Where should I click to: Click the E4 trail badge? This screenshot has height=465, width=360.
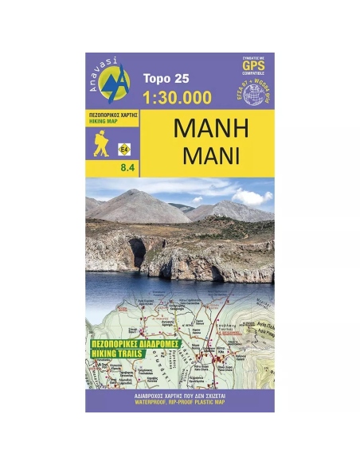point(125,148)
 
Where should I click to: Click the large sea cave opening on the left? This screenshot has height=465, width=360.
point(138,252)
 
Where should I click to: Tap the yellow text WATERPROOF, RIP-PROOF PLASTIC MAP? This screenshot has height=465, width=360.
point(179,403)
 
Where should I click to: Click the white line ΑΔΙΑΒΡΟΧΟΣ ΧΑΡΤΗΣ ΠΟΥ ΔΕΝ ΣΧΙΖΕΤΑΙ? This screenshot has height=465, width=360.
point(179,396)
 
